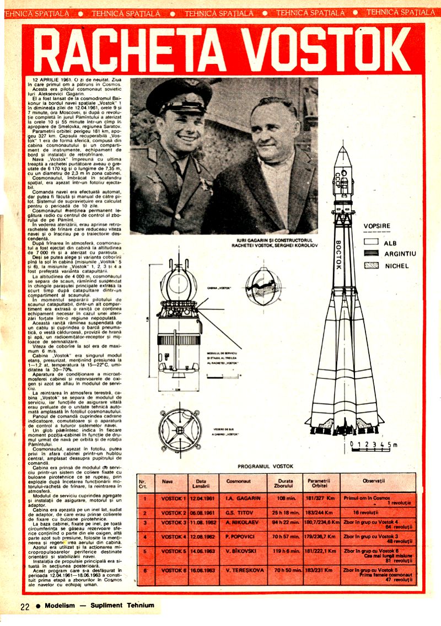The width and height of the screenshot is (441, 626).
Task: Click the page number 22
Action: click(25, 606)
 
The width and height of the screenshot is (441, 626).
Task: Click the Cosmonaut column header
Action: click(239, 481)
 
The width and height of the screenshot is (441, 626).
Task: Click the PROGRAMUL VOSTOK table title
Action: click(266, 466)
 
